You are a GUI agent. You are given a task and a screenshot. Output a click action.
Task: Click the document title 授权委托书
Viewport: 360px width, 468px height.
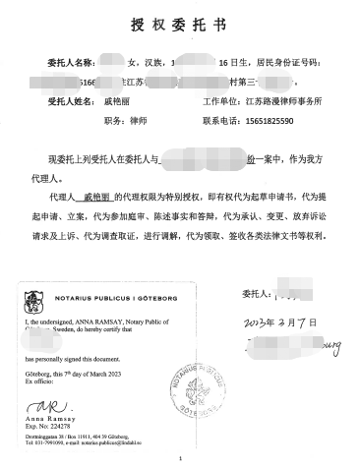[x=180, y=23]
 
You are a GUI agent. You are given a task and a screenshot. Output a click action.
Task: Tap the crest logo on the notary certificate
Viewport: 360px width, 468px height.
[x=33, y=292]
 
